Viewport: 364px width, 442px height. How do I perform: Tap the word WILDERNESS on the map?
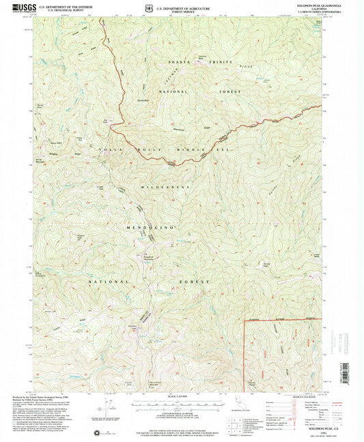pos(164,186)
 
